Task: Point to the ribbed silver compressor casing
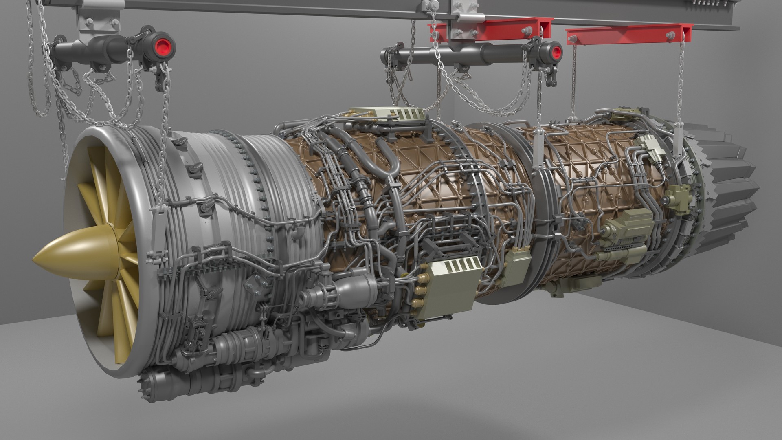277,179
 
